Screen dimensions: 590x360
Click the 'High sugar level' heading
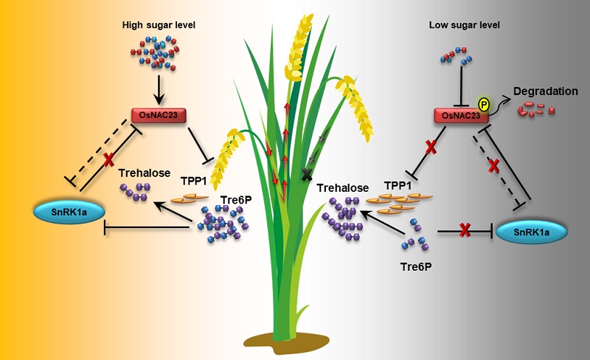159,25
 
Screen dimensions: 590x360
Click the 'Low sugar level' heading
465,25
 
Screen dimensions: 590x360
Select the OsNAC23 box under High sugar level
159,115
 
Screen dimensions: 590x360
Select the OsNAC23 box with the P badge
462,116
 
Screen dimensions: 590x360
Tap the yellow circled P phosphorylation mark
484,104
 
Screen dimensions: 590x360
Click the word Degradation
546,91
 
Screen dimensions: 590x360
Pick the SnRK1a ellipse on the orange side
69,212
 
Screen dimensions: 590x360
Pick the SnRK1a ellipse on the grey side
531,232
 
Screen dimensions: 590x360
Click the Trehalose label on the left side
144,173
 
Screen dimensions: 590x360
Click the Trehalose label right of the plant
342,188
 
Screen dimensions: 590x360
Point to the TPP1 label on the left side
194,181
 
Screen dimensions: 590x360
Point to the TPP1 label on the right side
398,186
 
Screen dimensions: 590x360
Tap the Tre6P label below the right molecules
416,266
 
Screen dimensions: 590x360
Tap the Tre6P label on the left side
236,200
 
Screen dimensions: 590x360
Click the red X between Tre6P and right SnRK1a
465,230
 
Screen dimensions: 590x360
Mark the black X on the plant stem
307,173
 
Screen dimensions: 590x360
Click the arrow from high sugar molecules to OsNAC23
159,89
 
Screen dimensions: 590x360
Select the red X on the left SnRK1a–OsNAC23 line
108,159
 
